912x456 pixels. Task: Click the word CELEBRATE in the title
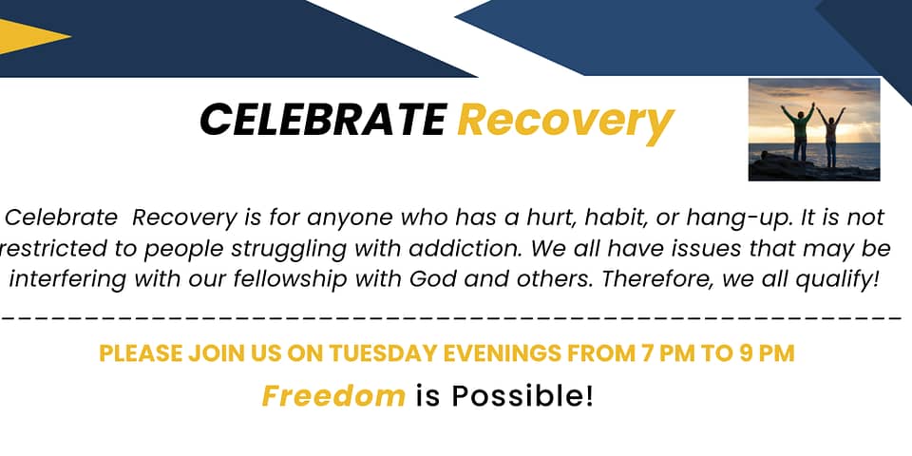point(323,120)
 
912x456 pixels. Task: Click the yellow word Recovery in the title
point(565,123)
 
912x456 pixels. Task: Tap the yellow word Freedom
point(333,396)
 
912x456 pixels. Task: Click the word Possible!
point(522,396)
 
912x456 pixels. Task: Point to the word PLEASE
point(141,353)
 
